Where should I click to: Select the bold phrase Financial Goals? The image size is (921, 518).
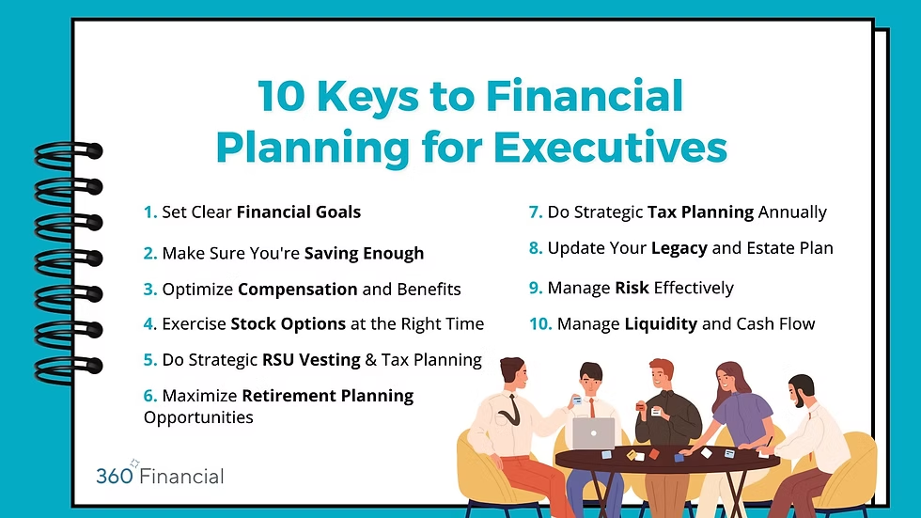[299, 212]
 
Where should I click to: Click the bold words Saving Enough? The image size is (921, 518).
[365, 254]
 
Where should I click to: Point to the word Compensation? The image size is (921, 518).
[298, 290]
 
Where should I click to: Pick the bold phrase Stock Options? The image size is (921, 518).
[288, 324]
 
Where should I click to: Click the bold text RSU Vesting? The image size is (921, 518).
[311, 360]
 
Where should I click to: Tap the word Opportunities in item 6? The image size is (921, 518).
[198, 417]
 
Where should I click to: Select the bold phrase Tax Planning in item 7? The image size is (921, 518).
[701, 212]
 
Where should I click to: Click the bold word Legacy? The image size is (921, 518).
[679, 248]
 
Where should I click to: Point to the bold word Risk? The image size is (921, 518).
[632, 288]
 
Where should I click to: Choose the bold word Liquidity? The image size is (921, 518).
[661, 324]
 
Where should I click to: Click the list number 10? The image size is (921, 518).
[541, 324]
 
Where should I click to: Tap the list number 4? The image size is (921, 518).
[149, 324]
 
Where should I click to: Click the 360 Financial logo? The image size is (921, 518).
[160, 474]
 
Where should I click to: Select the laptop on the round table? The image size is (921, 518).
[593, 433]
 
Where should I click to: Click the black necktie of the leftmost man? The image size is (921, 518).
[511, 411]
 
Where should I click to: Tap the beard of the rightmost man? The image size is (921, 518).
[800, 401]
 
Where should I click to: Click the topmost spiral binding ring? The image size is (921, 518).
[69, 151]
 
